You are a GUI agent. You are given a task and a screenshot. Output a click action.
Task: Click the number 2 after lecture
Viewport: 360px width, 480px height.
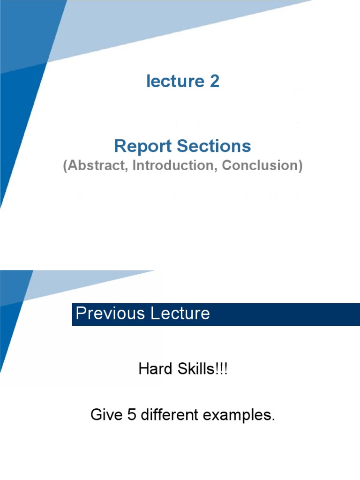click(x=214, y=82)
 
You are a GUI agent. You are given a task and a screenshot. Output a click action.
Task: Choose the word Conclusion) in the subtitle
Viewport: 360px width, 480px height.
click(x=262, y=166)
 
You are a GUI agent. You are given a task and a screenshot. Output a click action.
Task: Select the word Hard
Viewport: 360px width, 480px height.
click(x=154, y=369)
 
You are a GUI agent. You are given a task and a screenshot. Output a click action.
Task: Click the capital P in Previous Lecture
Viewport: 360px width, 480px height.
click(x=80, y=314)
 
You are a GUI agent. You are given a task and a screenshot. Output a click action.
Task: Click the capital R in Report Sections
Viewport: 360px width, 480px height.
click(x=119, y=147)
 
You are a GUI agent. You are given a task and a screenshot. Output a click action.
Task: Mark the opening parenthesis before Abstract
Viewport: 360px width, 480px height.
click(x=65, y=166)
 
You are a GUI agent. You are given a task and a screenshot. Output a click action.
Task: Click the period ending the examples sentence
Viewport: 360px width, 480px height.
click(x=273, y=420)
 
